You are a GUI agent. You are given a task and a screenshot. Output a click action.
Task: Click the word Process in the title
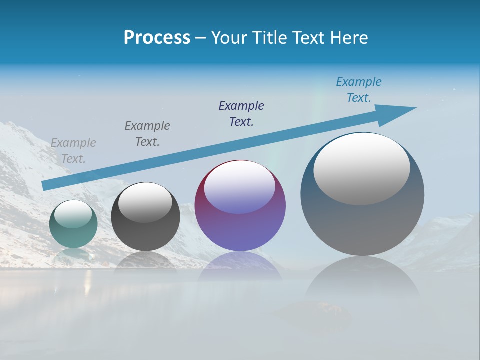pos(157,38)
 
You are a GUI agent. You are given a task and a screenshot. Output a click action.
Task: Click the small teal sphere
pos(73,235)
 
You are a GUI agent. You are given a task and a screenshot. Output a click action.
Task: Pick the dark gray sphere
pos(145,235)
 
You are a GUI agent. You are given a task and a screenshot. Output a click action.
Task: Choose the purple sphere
pos(240,230)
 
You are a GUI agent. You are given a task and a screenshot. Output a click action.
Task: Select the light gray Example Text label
pos(73,151)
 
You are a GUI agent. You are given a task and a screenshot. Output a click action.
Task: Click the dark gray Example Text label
pos(147,134)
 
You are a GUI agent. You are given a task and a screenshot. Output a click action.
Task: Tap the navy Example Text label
pos(241,114)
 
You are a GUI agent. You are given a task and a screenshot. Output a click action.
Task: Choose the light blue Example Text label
pos(359,90)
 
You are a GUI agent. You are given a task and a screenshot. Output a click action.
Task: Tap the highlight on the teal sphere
pos(73,214)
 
